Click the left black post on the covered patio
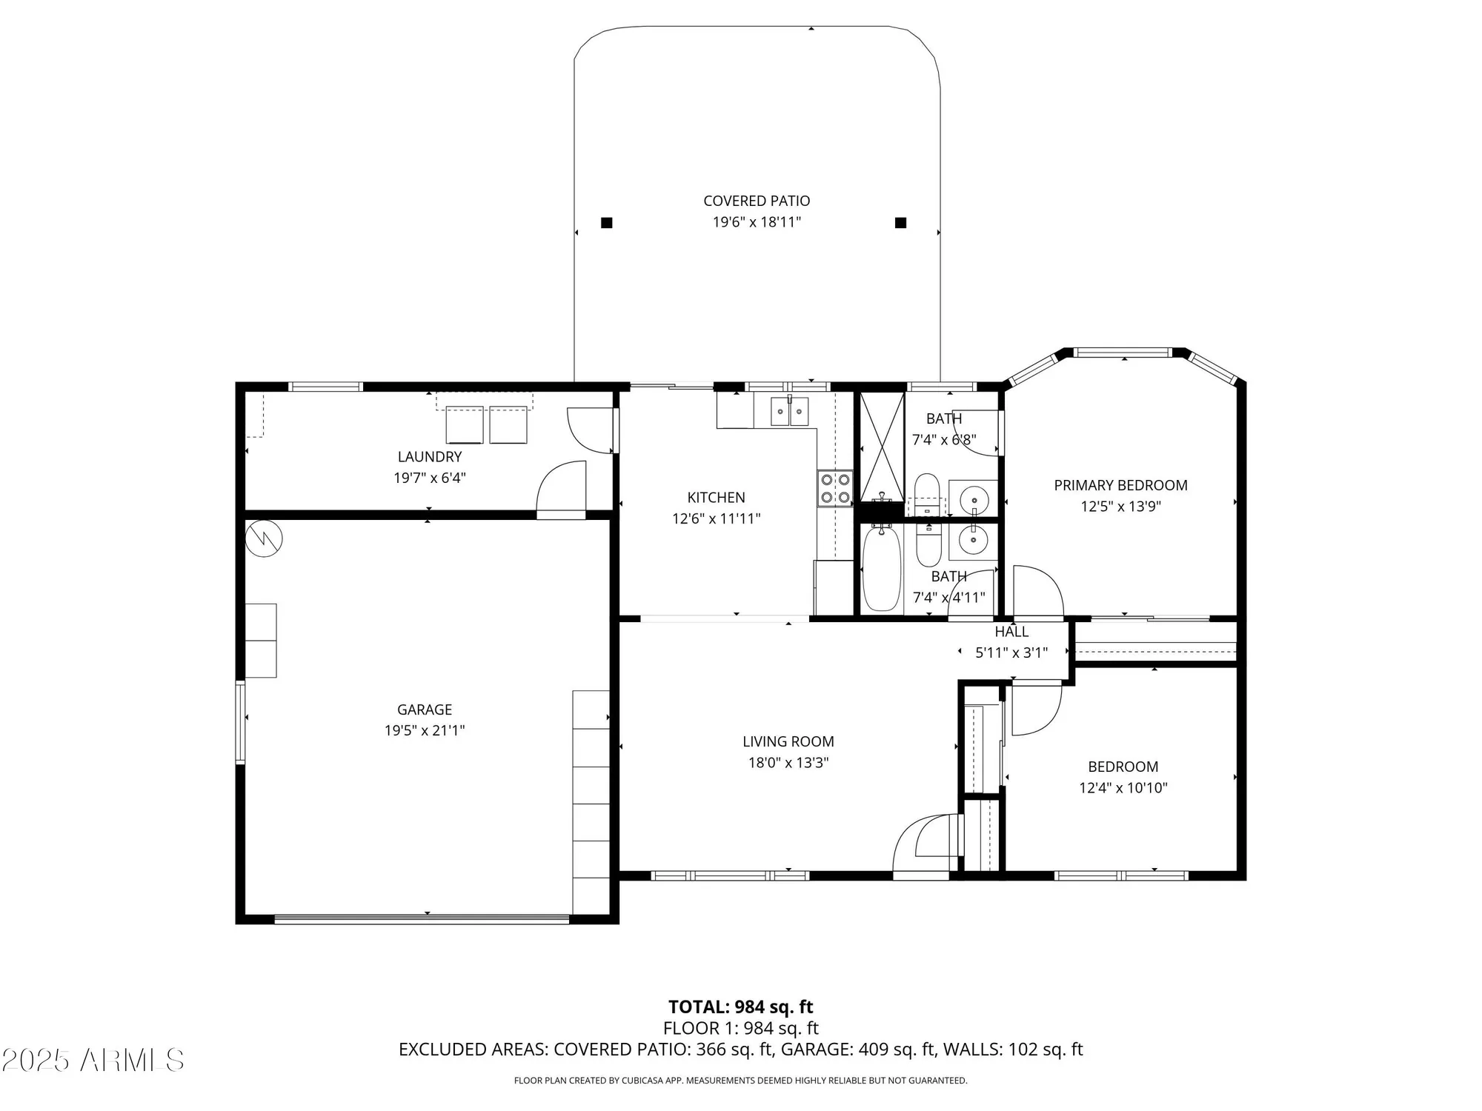[607, 223]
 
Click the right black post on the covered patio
[901, 223]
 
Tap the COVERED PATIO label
[757, 201]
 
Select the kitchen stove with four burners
[835, 489]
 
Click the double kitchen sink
[790, 412]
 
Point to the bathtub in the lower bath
[881, 568]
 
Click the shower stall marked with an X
[882, 447]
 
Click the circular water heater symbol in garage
[265, 539]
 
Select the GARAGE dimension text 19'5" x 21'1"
[424, 730]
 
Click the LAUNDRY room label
[430, 457]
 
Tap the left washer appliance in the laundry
[465, 425]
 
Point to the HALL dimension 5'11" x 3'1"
[1011, 653]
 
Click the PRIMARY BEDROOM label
[1120, 486]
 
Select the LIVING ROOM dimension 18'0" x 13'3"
[788, 762]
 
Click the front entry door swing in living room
[923, 844]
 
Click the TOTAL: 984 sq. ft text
[740, 1007]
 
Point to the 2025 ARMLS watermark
[93, 1061]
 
